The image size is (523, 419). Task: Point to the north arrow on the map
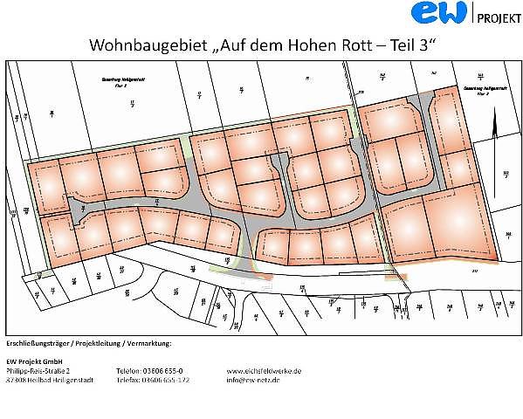(493, 130)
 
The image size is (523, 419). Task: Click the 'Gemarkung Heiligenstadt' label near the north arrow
(477, 89)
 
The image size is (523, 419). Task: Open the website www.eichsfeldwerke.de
(264, 370)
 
